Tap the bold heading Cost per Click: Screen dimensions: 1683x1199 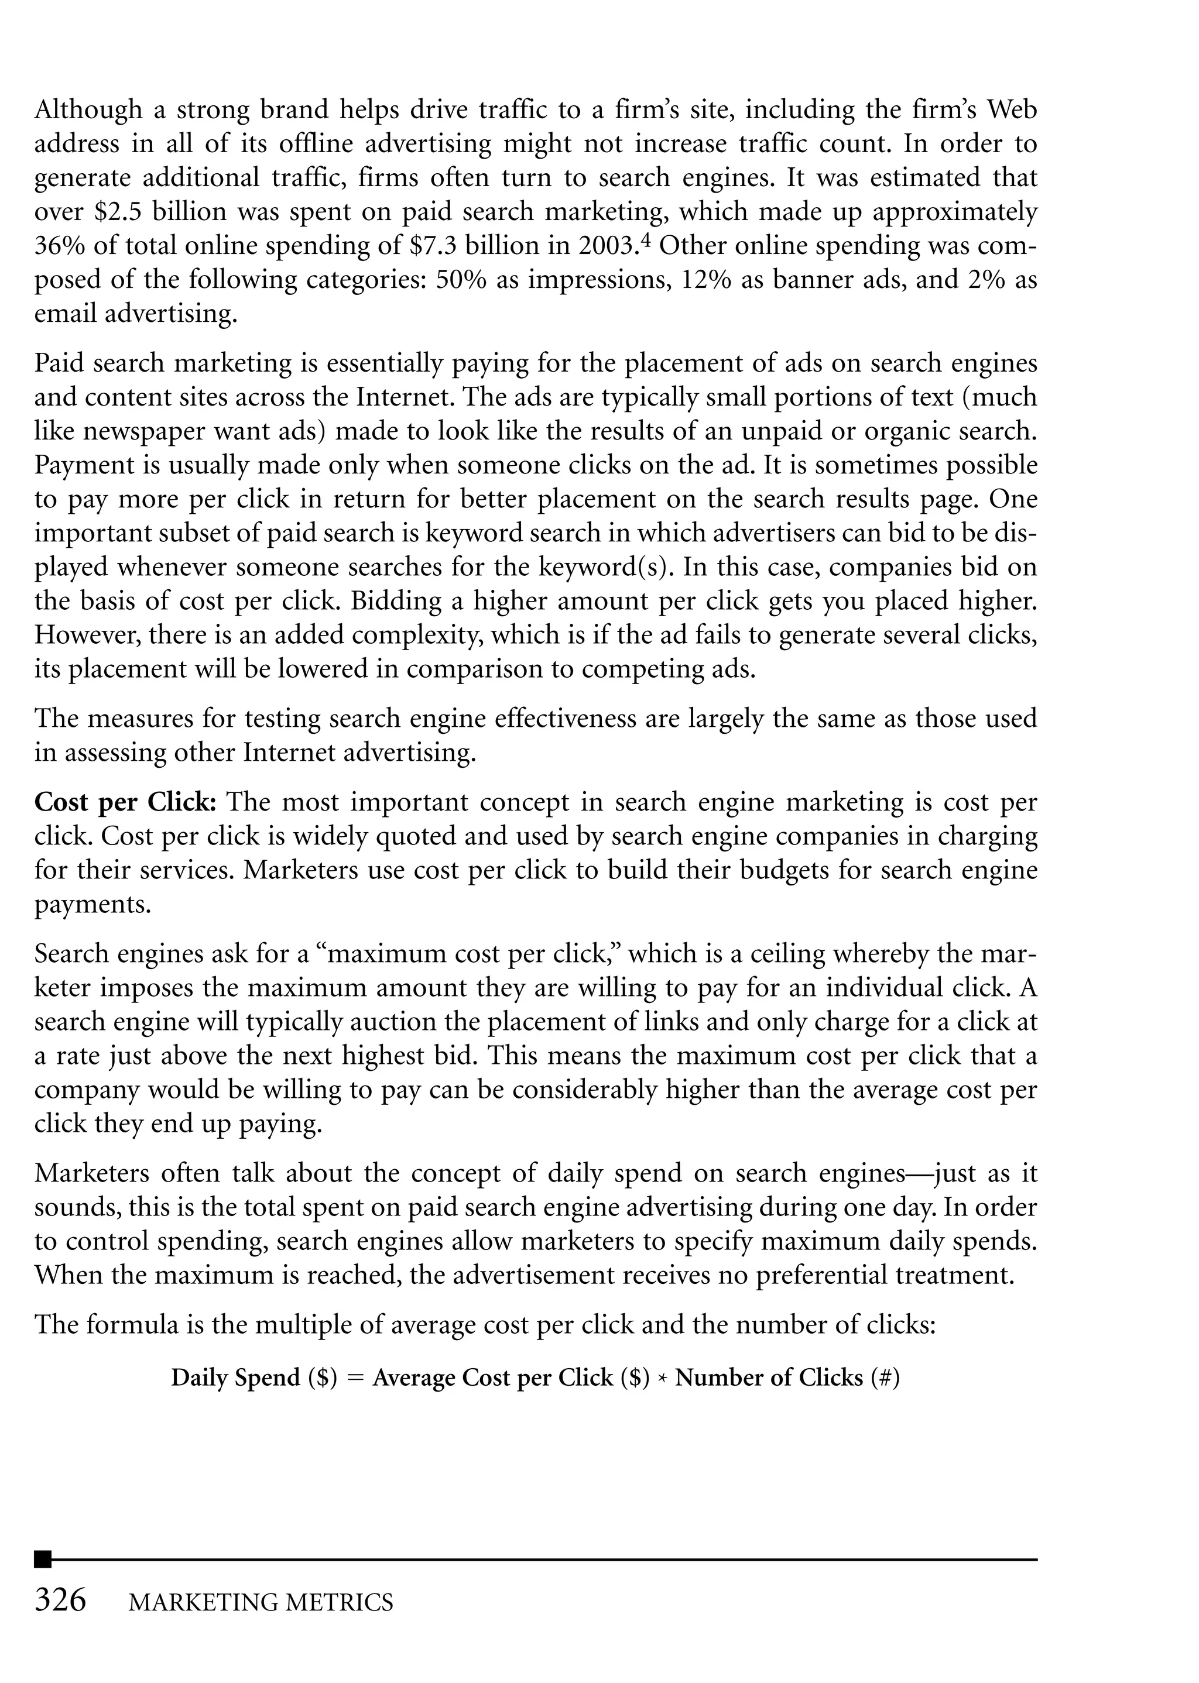[x=125, y=802]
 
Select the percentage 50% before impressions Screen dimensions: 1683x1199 [x=461, y=280]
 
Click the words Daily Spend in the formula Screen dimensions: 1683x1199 [x=235, y=1378]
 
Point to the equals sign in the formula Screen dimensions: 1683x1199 [x=355, y=1378]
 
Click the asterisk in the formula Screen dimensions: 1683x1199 [x=662, y=1378]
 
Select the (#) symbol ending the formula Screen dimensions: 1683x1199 [x=885, y=1378]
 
